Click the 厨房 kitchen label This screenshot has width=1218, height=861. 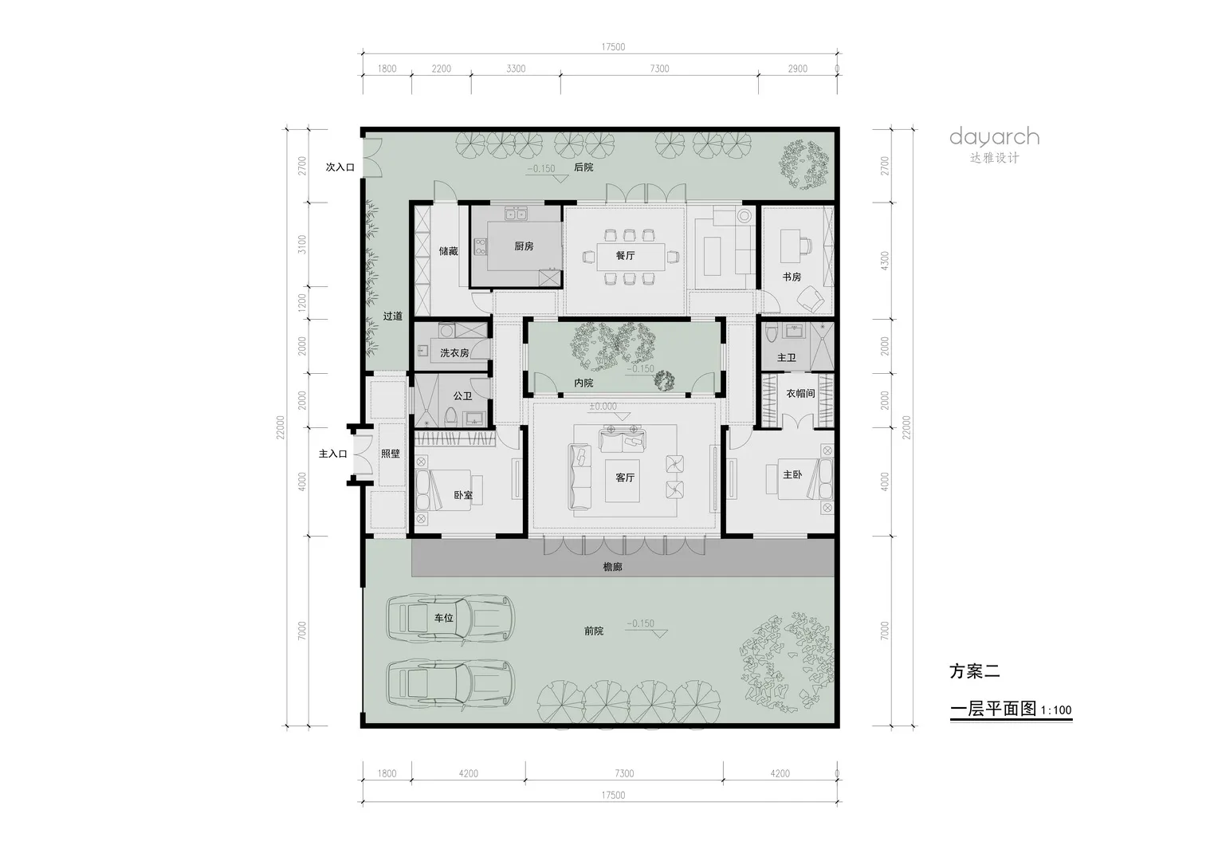pyautogui.click(x=524, y=246)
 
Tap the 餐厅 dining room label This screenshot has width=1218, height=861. pyautogui.click(x=625, y=255)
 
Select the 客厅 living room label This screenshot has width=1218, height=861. pyautogui.click(x=625, y=478)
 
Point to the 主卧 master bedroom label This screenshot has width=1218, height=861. pyautogui.click(x=792, y=475)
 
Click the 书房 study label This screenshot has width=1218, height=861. pyautogui.click(x=792, y=277)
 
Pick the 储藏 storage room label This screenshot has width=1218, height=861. pyautogui.click(x=448, y=251)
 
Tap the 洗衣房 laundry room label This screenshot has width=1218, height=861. pyautogui.click(x=454, y=353)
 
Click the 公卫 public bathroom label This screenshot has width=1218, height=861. pyautogui.click(x=462, y=396)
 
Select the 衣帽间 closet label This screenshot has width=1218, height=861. pyautogui.click(x=800, y=393)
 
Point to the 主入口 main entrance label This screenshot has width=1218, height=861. pyautogui.click(x=332, y=454)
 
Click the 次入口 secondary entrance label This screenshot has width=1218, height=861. pyautogui.click(x=340, y=167)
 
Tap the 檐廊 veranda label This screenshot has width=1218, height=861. pyautogui.click(x=612, y=567)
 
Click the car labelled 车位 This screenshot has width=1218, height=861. pyautogui.click(x=450, y=619)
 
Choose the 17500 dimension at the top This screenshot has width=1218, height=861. pyautogui.click(x=613, y=47)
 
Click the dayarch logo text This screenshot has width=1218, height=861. pyautogui.click(x=995, y=137)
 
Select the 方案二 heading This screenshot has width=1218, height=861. pyautogui.click(x=974, y=671)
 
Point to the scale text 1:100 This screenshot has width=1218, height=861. pyautogui.click(x=1056, y=710)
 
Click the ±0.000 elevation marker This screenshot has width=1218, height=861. pyautogui.click(x=603, y=407)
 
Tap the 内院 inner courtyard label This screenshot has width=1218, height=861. pyautogui.click(x=583, y=383)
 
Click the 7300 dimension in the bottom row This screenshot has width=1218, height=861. pyautogui.click(x=624, y=773)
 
